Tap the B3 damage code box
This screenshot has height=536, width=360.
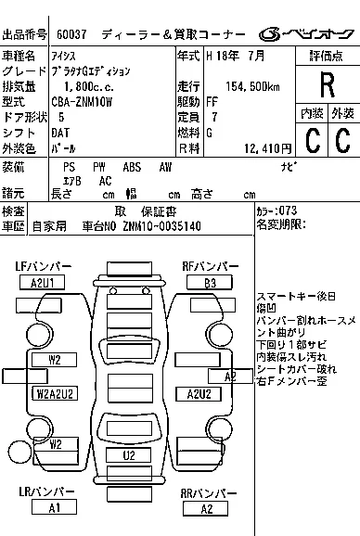211,282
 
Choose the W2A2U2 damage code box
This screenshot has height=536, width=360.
55,393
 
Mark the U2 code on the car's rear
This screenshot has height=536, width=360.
129,455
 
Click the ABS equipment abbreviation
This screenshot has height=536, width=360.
132,167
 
